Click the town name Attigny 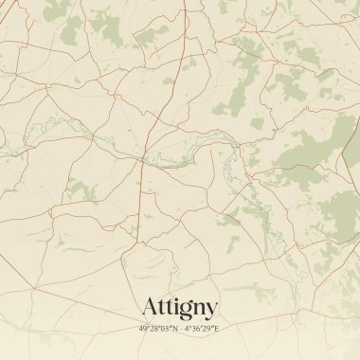coord(180,307)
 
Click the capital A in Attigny coord(150,307)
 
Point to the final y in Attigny coord(211,310)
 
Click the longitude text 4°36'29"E coord(202,328)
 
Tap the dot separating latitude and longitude coord(180,328)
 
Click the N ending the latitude coord(174,328)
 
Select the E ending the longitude coord(216,328)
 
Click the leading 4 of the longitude coord(188,328)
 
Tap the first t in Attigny coord(161,307)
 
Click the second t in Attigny coord(168,307)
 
